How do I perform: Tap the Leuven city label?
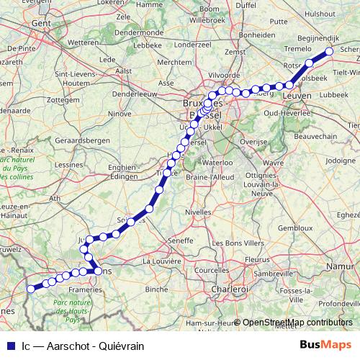pyautogui.click(x=297, y=95)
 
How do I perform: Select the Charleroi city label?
pyautogui.click(x=230, y=288)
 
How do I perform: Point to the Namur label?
pyautogui.click(x=341, y=266)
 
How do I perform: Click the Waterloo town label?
pyautogui.click(x=217, y=163)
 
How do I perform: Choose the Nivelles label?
pyautogui.click(x=198, y=212)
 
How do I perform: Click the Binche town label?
pyautogui.click(x=156, y=288)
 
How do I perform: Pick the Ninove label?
pyautogui.click(x=120, y=113)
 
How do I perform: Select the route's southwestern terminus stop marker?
pyautogui.click(x=31, y=289)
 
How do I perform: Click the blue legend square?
pyautogui.click(x=10, y=346)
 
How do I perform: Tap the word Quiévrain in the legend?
pyautogui.click(x=122, y=346)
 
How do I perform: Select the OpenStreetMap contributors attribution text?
pyautogui.click(x=297, y=323)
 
